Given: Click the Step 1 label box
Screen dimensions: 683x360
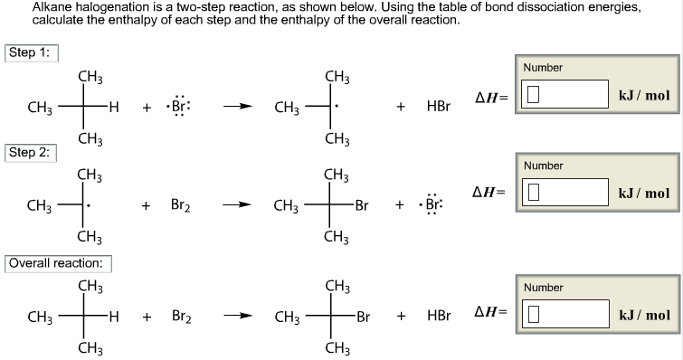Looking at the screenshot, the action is (x=31, y=52).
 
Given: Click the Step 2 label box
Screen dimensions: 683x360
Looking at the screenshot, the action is (x=31, y=152).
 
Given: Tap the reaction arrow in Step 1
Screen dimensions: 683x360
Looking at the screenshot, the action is (x=238, y=108).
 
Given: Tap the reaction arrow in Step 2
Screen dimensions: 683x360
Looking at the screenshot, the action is (x=238, y=206).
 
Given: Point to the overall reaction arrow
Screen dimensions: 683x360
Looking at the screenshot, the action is (x=238, y=318).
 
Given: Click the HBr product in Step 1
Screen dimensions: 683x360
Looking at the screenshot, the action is (x=438, y=108).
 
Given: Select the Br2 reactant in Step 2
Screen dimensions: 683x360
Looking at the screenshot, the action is (x=181, y=206).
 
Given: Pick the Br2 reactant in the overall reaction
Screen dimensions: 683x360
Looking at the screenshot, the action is (x=181, y=318).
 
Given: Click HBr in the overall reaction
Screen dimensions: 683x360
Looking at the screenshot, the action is (x=438, y=318).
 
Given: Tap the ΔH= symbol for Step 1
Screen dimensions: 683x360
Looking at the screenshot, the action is (x=492, y=97).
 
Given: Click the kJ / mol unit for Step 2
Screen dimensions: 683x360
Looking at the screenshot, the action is (x=643, y=193).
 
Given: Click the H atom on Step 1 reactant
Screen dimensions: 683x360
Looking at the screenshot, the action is (x=113, y=108).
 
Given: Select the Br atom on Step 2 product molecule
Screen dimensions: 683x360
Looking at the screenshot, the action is (x=362, y=206).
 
